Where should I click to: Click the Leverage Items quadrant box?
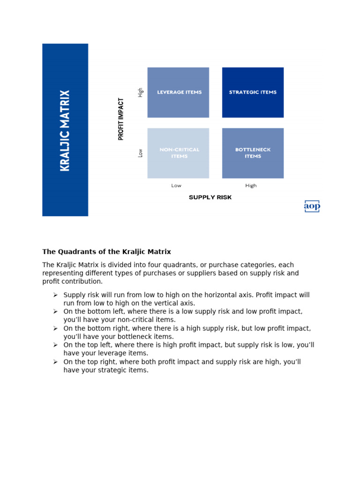(x=178, y=92)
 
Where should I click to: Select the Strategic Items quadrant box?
(x=253, y=92)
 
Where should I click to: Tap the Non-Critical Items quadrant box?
(x=178, y=153)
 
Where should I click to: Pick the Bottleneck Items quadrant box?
(x=253, y=153)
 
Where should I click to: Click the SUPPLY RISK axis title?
(x=210, y=197)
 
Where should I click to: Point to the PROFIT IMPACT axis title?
(x=121, y=119)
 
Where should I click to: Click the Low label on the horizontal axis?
(x=176, y=186)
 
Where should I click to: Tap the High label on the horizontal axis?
(x=251, y=186)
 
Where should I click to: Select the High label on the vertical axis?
(x=140, y=92)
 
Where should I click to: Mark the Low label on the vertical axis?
(x=140, y=153)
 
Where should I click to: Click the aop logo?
(x=312, y=206)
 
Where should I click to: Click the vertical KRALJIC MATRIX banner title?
(x=65, y=130)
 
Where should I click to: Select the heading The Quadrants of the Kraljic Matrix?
(x=106, y=252)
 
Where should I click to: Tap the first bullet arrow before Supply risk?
(x=55, y=295)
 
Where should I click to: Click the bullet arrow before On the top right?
(x=55, y=362)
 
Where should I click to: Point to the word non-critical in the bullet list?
(x=127, y=320)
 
